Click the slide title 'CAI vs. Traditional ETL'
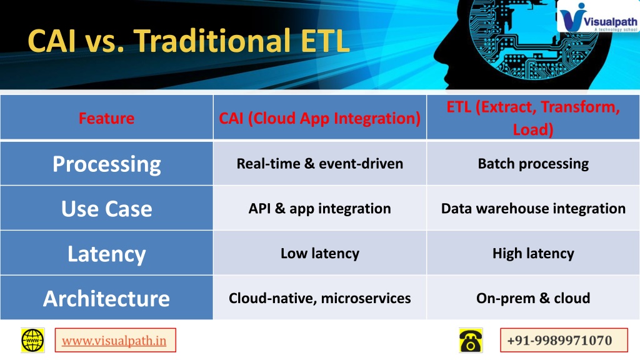pyautogui.click(x=189, y=41)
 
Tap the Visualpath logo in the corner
pyautogui.click(x=598, y=17)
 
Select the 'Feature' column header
pyautogui.click(x=106, y=118)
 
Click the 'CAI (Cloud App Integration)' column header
pyautogui.click(x=319, y=118)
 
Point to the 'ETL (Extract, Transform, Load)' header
pyautogui.click(x=533, y=118)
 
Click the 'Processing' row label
pyautogui.click(x=106, y=164)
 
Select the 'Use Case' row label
pyautogui.click(x=106, y=209)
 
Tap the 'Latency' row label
pyautogui.click(x=106, y=254)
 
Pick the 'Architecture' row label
pyautogui.click(x=106, y=298)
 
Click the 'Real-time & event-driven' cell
pyautogui.click(x=319, y=164)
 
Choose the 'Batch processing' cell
pyautogui.click(x=533, y=164)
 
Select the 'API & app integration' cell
pyautogui.click(x=319, y=209)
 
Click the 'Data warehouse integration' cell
pyautogui.click(x=533, y=209)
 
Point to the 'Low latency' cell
pyautogui.click(x=319, y=254)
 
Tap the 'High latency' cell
pyautogui.click(x=533, y=254)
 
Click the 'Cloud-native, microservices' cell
pyautogui.click(x=319, y=298)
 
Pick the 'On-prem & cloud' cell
pyautogui.click(x=533, y=298)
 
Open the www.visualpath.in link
pyautogui.click(x=114, y=341)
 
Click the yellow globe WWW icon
pyautogui.click(x=32, y=340)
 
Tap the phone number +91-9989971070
pyautogui.click(x=559, y=341)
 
